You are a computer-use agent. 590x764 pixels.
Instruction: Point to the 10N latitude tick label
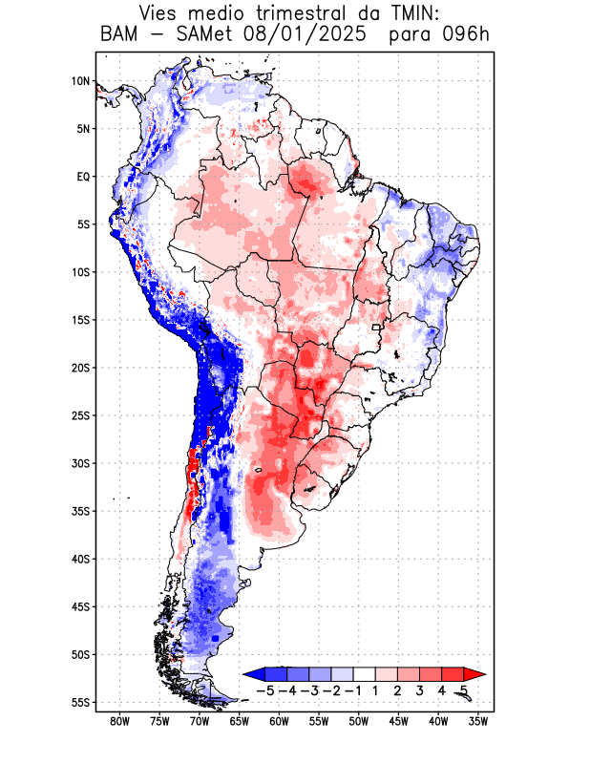[80, 81]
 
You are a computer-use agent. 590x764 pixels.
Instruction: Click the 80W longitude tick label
[119, 721]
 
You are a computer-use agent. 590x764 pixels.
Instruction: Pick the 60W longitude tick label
[279, 721]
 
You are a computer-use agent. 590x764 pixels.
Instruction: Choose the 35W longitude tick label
[479, 721]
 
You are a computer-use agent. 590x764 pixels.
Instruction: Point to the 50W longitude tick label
[359, 721]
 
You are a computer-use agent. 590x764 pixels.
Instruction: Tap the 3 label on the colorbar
[420, 690]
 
